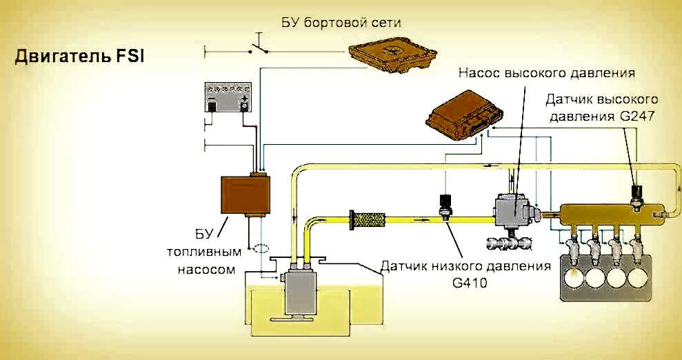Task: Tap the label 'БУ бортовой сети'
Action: (341, 22)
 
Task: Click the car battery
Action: (228, 98)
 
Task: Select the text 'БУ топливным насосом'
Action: (204, 249)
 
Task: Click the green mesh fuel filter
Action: (373, 221)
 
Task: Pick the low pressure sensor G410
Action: (445, 208)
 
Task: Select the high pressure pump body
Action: (513, 213)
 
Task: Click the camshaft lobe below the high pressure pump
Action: (509, 243)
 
